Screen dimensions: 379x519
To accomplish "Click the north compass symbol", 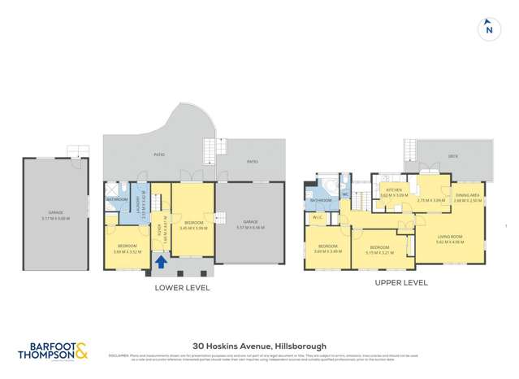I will (x=488, y=29).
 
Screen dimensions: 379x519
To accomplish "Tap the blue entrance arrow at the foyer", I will (x=162, y=262).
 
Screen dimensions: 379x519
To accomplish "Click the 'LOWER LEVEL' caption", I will (x=182, y=287).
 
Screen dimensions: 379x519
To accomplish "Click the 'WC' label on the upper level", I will (x=344, y=194).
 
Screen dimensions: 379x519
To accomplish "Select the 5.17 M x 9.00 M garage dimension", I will (x=57, y=218).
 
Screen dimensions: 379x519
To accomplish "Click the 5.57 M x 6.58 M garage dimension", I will (x=249, y=226).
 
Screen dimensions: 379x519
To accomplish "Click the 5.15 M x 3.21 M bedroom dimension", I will (x=380, y=251).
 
